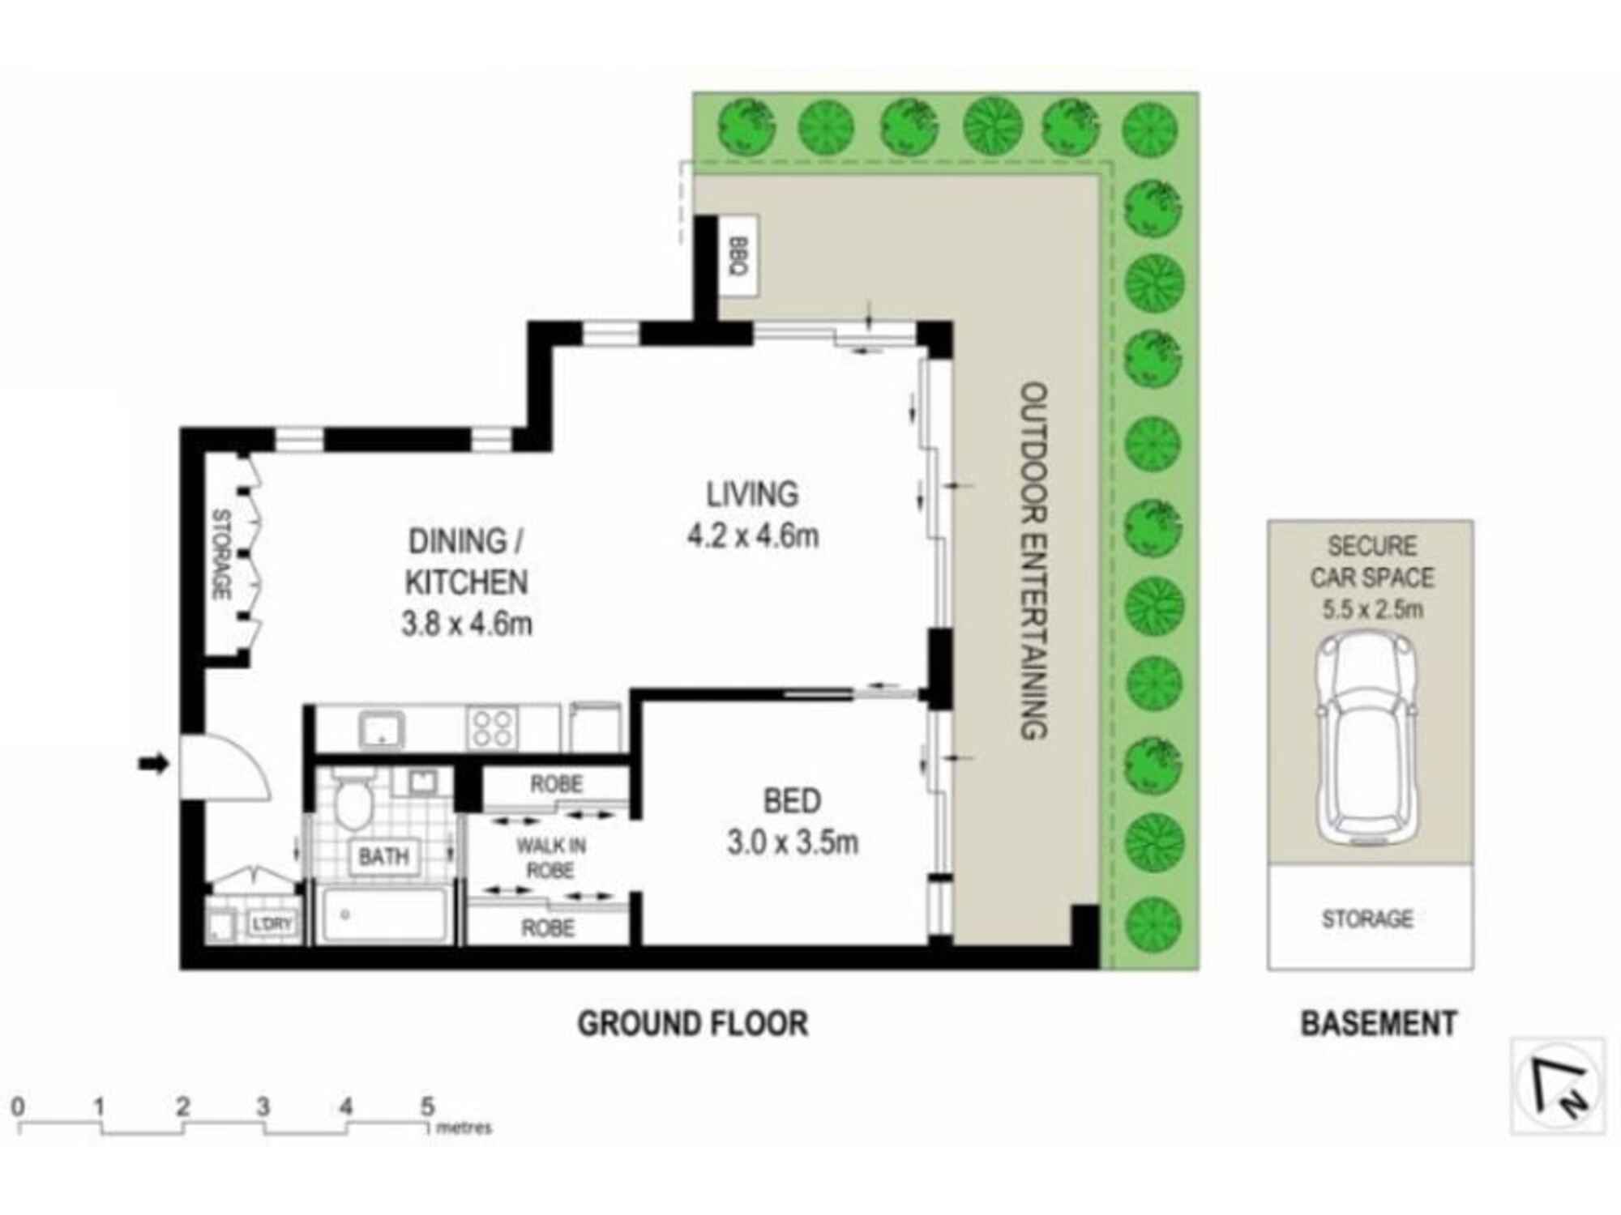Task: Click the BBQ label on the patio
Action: point(738,257)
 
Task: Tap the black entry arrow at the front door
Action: point(153,763)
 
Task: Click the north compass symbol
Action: point(1558,1086)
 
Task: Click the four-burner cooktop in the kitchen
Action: point(492,727)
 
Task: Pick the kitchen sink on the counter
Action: point(382,728)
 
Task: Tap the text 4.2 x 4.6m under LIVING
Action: point(753,536)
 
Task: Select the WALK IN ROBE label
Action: point(551,858)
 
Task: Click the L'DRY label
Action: point(272,924)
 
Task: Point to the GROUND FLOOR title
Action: point(692,1024)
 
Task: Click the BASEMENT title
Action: point(1379,1024)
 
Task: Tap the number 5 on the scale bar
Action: point(427,1106)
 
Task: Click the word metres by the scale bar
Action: point(464,1128)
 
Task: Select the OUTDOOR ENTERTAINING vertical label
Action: point(1033,561)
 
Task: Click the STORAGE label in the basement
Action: point(1367,919)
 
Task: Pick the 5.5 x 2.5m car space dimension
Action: point(1372,609)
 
